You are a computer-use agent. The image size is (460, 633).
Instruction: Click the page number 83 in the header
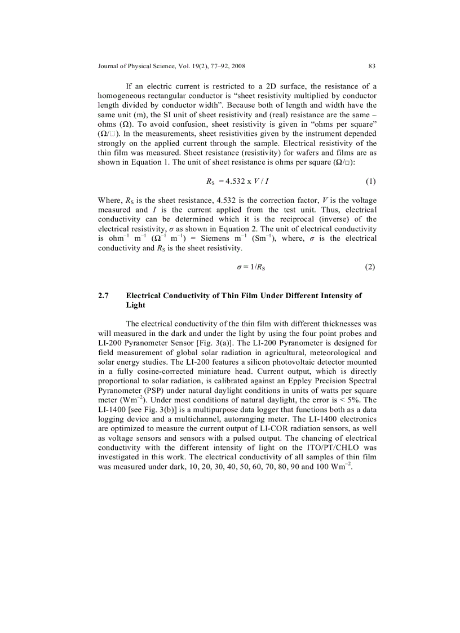[371, 66]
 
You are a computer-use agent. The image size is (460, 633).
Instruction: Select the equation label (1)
[370, 182]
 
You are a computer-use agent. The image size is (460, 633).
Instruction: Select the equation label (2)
[370, 267]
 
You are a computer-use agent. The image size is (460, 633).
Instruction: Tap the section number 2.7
[104, 295]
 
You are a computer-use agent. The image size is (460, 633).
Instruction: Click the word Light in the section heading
[136, 305]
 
